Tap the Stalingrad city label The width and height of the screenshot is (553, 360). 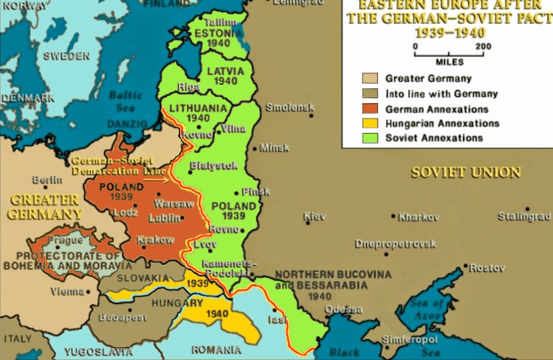(x=524, y=217)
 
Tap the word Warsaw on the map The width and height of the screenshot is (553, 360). (x=174, y=203)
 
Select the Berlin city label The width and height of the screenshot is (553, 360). (x=47, y=180)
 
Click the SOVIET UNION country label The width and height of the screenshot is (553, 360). (x=466, y=173)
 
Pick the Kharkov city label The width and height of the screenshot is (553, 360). (x=418, y=217)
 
